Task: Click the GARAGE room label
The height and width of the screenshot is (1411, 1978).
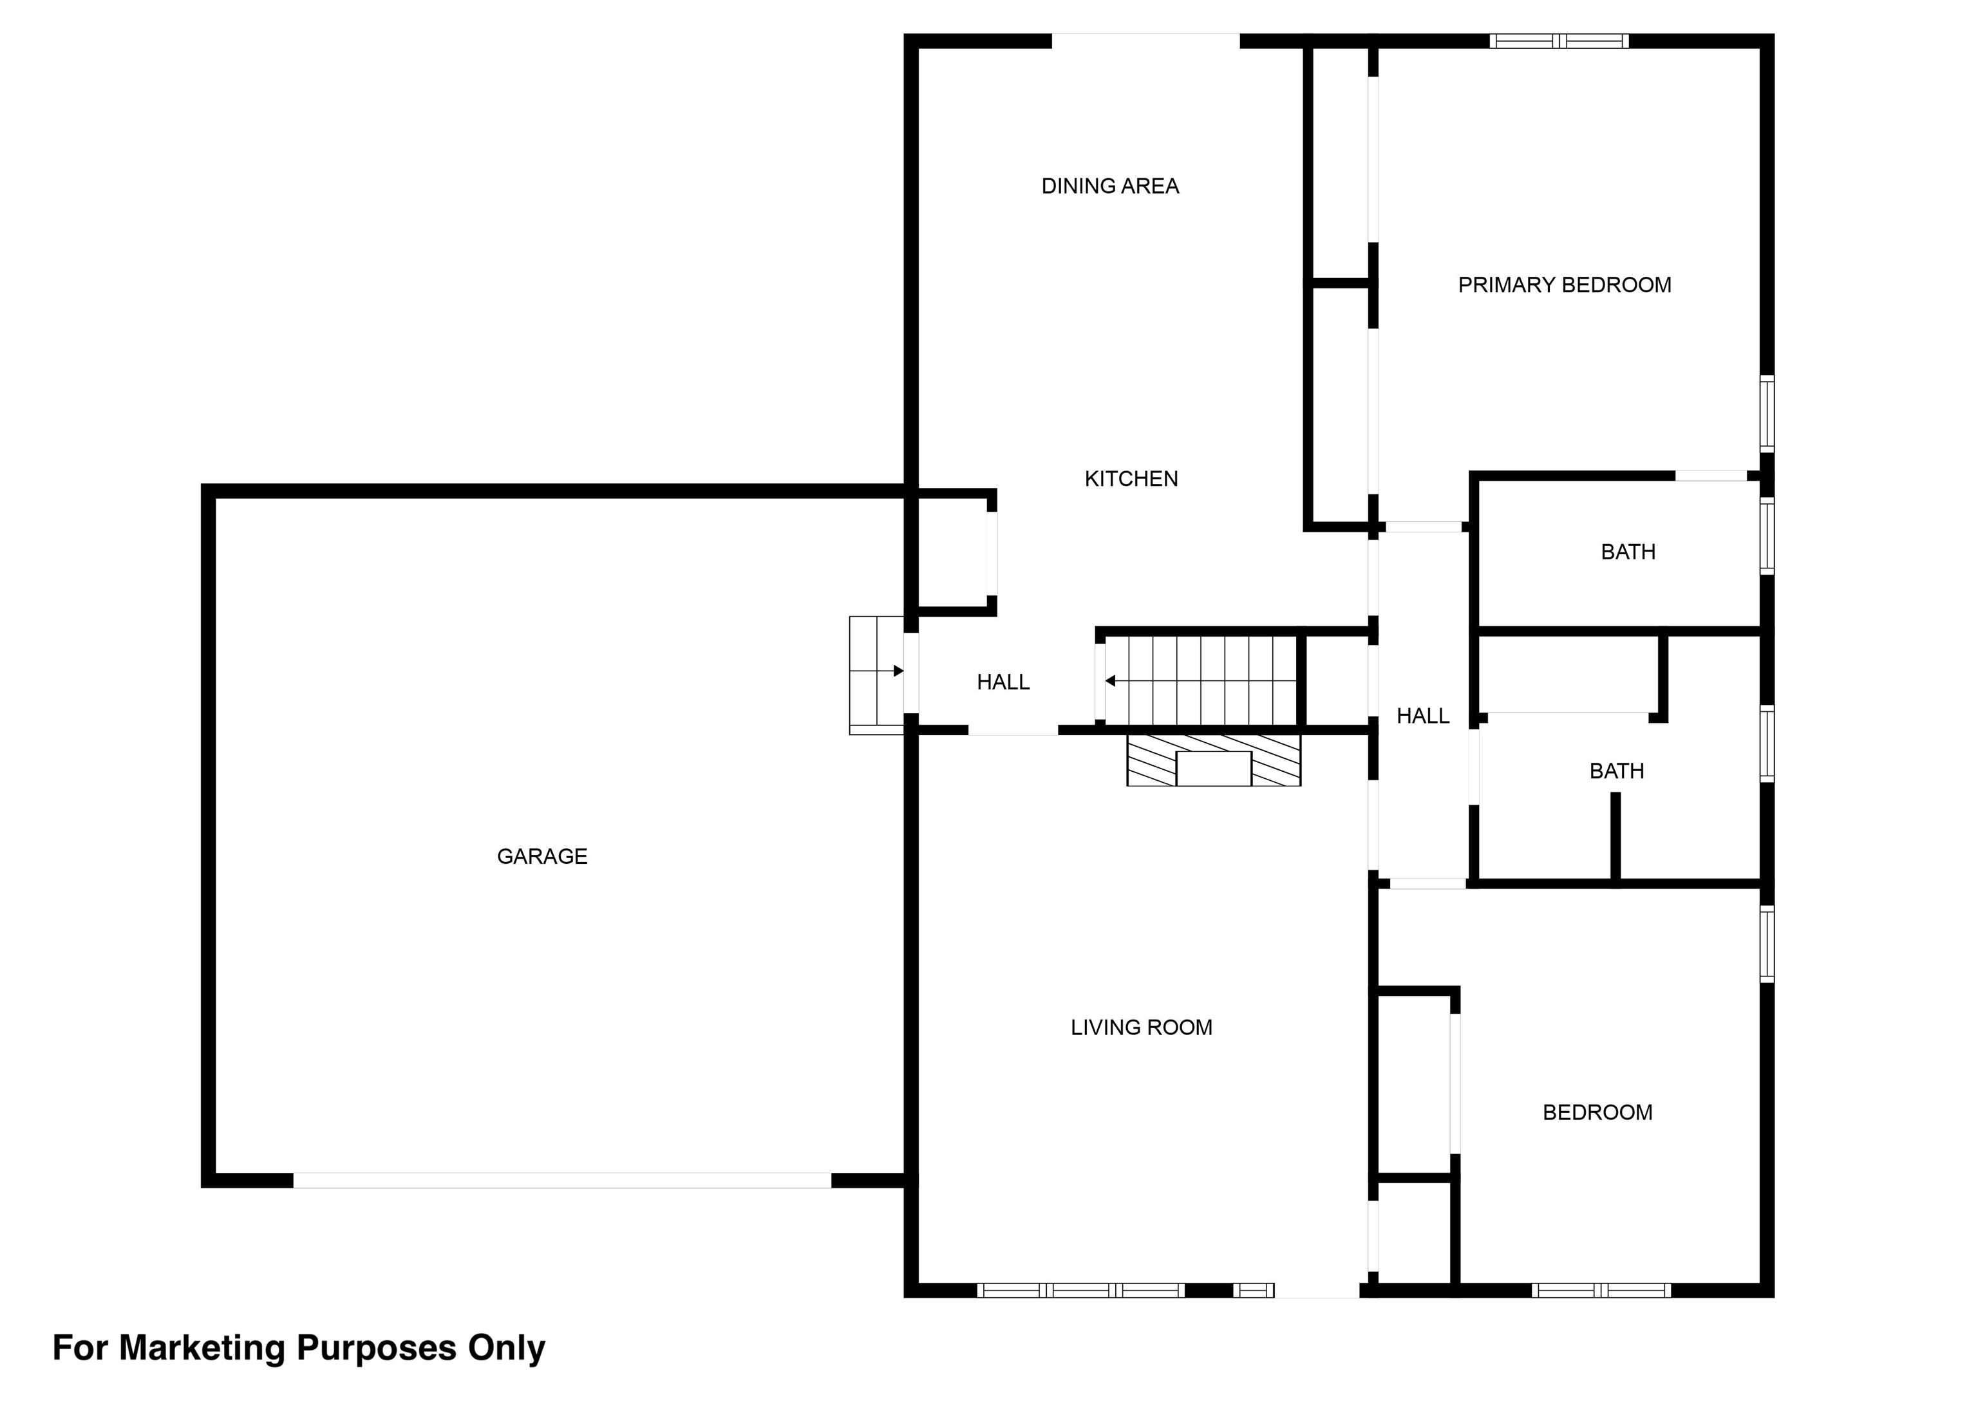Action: tap(542, 857)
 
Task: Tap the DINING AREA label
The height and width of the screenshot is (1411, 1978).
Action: tap(1110, 186)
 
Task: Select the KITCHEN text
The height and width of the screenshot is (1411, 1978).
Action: tap(1131, 479)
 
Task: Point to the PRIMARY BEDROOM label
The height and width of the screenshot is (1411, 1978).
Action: tap(1563, 285)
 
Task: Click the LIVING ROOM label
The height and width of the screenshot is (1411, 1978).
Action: tap(1140, 1028)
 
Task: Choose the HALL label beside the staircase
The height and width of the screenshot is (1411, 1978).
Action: tap(1003, 683)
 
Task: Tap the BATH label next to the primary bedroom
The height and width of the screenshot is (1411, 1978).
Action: tap(1627, 552)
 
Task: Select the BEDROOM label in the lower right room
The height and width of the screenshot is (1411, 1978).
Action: tap(1596, 1112)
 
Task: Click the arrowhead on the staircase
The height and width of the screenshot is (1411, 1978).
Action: tap(1110, 681)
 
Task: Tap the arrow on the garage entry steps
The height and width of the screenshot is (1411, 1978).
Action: tap(899, 671)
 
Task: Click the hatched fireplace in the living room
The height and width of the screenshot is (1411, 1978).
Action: tap(1213, 761)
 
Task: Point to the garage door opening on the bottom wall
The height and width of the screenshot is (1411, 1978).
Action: tap(561, 1180)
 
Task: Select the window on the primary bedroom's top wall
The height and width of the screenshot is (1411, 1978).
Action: tap(1558, 41)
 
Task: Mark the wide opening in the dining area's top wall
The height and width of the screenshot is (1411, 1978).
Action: tap(1145, 41)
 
